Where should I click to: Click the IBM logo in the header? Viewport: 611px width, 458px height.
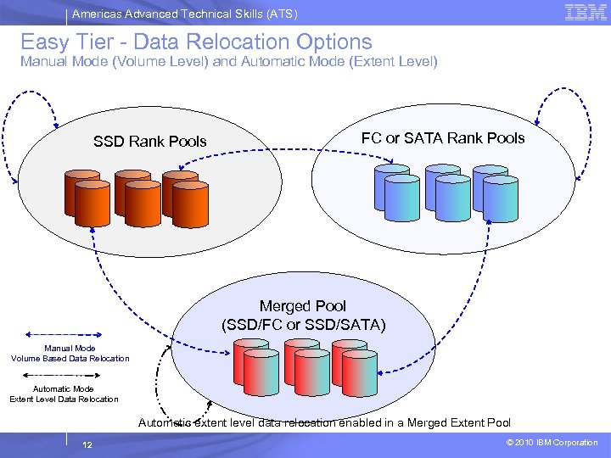pos(586,12)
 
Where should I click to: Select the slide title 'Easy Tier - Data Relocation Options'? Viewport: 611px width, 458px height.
pos(196,42)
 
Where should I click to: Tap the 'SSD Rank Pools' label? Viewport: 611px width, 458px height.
pos(150,142)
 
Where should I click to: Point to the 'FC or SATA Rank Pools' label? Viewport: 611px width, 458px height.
pos(443,138)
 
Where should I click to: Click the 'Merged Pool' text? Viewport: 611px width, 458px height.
pos(303,305)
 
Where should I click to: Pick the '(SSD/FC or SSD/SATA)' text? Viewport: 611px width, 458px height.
pos(303,324)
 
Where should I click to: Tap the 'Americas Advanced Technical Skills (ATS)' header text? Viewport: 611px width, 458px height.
pos(184,14)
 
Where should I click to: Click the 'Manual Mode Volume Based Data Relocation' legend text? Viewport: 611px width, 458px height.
pos(70,353)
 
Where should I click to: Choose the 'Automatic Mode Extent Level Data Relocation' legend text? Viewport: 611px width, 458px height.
pos(64,394)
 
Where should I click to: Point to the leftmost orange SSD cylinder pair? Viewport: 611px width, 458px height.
pos(82,194)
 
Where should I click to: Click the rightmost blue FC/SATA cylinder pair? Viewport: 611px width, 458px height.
pos(496,193)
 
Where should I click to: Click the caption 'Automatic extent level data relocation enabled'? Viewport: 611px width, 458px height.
pos(324,422)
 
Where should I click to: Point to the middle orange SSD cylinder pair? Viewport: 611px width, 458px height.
pos(132,194)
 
